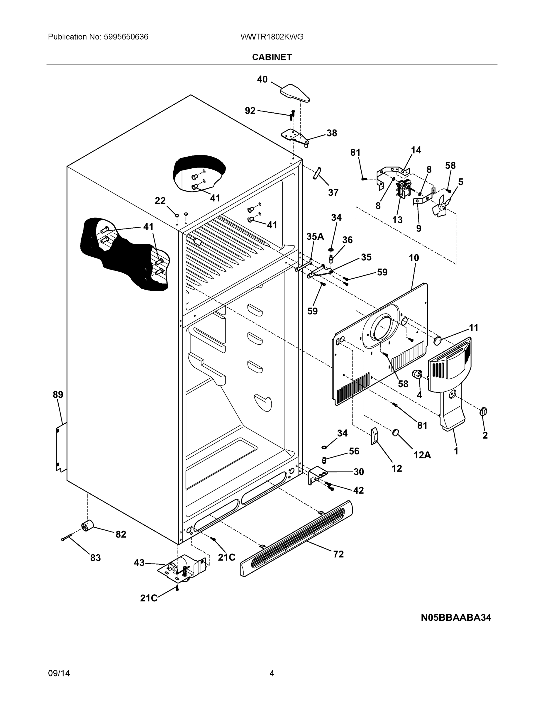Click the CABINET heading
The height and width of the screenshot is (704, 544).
coord(272,57)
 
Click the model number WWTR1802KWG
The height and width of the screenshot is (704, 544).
coord(272,37)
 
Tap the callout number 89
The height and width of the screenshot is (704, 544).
coord(58,394)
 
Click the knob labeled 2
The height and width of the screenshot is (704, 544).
coord(483,411)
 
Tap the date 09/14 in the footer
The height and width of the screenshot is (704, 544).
coord(59,673)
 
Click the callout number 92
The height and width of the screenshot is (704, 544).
coord(250,111)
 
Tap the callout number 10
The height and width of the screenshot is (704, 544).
coord(414,258)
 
